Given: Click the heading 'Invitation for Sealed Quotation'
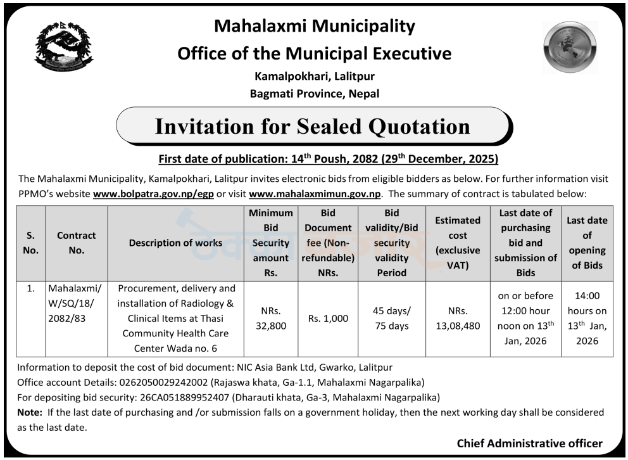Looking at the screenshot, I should tap(313, 127).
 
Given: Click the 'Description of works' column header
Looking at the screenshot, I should tap(175, 243).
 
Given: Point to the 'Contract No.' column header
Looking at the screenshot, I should tap(76, 243).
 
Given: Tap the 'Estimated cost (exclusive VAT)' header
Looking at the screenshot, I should tap(457, 243).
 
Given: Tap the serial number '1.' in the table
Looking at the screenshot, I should tap(30, 290).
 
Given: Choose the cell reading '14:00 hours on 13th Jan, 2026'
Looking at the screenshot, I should tap(586, 319).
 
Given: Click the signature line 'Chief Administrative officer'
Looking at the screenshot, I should tap(529, 444).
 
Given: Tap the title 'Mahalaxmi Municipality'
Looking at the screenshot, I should tap(315, 26).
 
